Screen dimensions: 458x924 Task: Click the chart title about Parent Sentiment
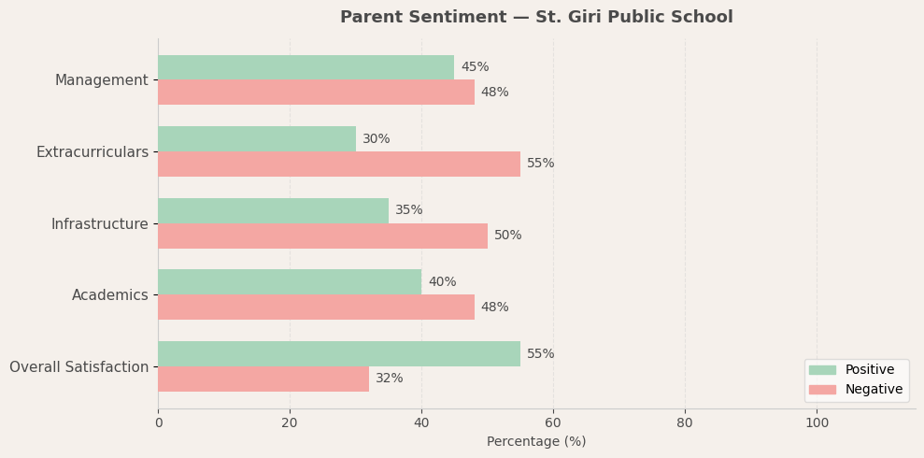pos(536,18)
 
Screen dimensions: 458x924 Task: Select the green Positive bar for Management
pos(306,67)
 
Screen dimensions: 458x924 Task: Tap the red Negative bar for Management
pos(316,93)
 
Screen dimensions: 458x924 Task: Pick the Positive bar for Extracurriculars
pos(257,139)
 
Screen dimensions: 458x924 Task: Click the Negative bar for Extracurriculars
pos(339,164)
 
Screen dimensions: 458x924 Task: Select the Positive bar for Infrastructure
pos(273,210)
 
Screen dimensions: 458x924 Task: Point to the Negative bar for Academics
pos(316,308)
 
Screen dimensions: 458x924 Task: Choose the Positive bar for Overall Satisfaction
pos(339,353)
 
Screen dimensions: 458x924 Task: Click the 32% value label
pos(390,379)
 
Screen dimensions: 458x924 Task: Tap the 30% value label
pos(377,139)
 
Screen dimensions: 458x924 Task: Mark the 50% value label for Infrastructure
pos(508,236)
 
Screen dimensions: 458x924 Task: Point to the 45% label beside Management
pos(475,67)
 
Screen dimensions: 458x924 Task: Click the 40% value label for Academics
pos(442,282)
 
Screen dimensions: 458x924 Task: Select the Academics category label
pos(110,295)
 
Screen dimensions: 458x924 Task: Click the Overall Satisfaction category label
pos(79,367)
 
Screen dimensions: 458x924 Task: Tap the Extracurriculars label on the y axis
pos(92,152)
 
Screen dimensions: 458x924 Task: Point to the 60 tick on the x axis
pos(553,423)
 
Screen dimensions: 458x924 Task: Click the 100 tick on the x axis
pos(817,423)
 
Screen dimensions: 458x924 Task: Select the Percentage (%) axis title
pos(536,442)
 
